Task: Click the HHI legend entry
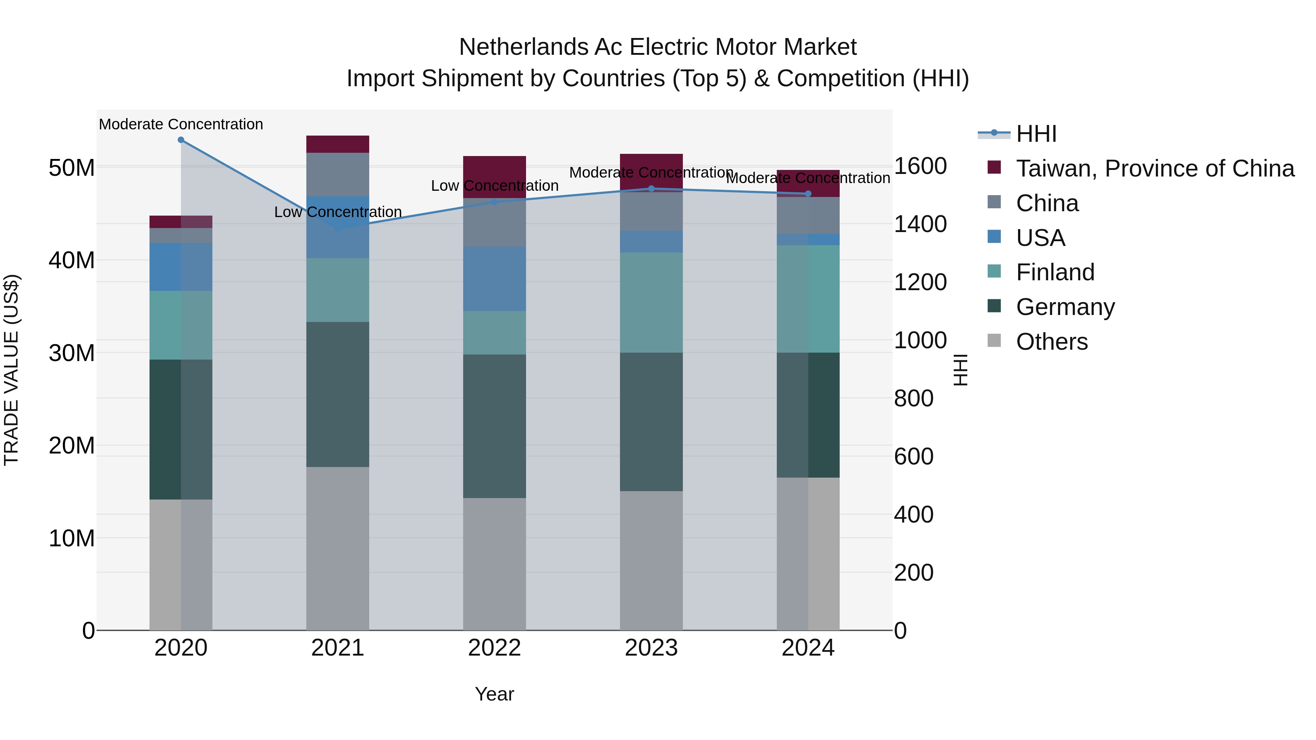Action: [x=1036, y=134]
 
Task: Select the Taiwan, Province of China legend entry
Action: [x=1154, y=168]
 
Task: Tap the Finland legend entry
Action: [x=1055, y=272]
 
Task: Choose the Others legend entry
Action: [x=1051, y=342]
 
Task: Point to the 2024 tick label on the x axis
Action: [x=808, y=648]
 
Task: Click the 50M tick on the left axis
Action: [x=72, y=167]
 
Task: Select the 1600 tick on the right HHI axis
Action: [x=920, y=166]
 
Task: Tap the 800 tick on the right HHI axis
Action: [x=914, y=398]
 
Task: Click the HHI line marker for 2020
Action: [x=181, y=140]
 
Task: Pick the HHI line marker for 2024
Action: [x=808, y=194]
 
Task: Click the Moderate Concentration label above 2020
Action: [x=181, y=124]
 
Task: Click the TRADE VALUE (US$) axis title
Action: [x=11, y=370]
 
